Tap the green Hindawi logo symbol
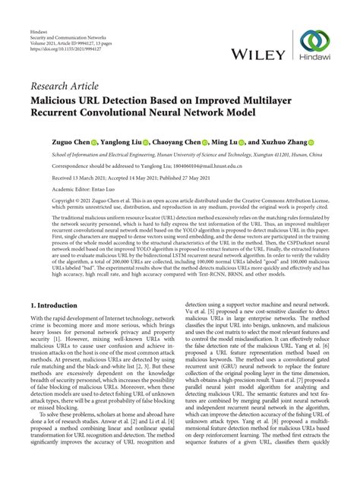315,43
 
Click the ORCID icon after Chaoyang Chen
203,143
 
